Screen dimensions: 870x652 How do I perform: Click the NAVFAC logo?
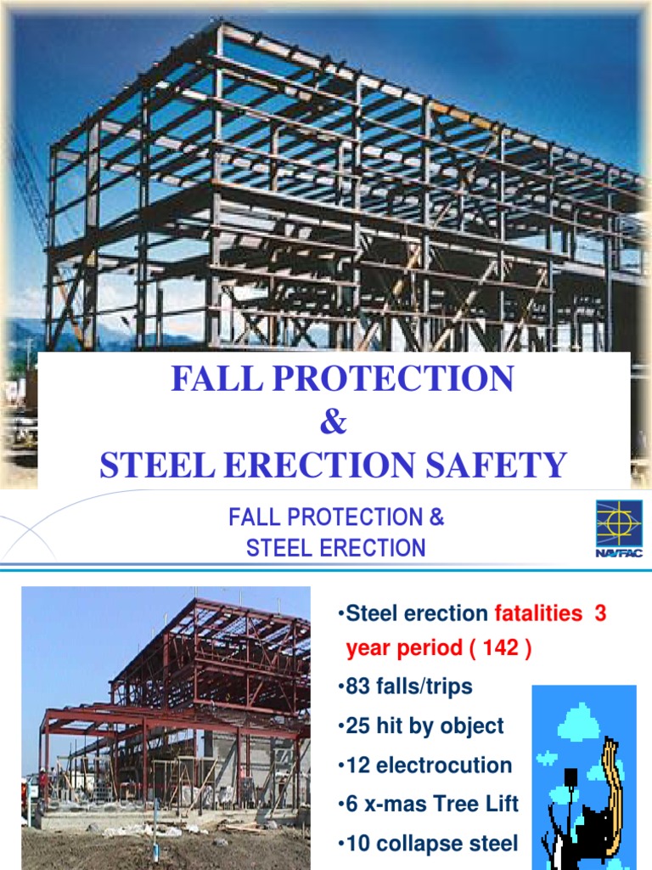pos(618,528)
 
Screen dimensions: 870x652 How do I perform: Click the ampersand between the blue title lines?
pos(334,422)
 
